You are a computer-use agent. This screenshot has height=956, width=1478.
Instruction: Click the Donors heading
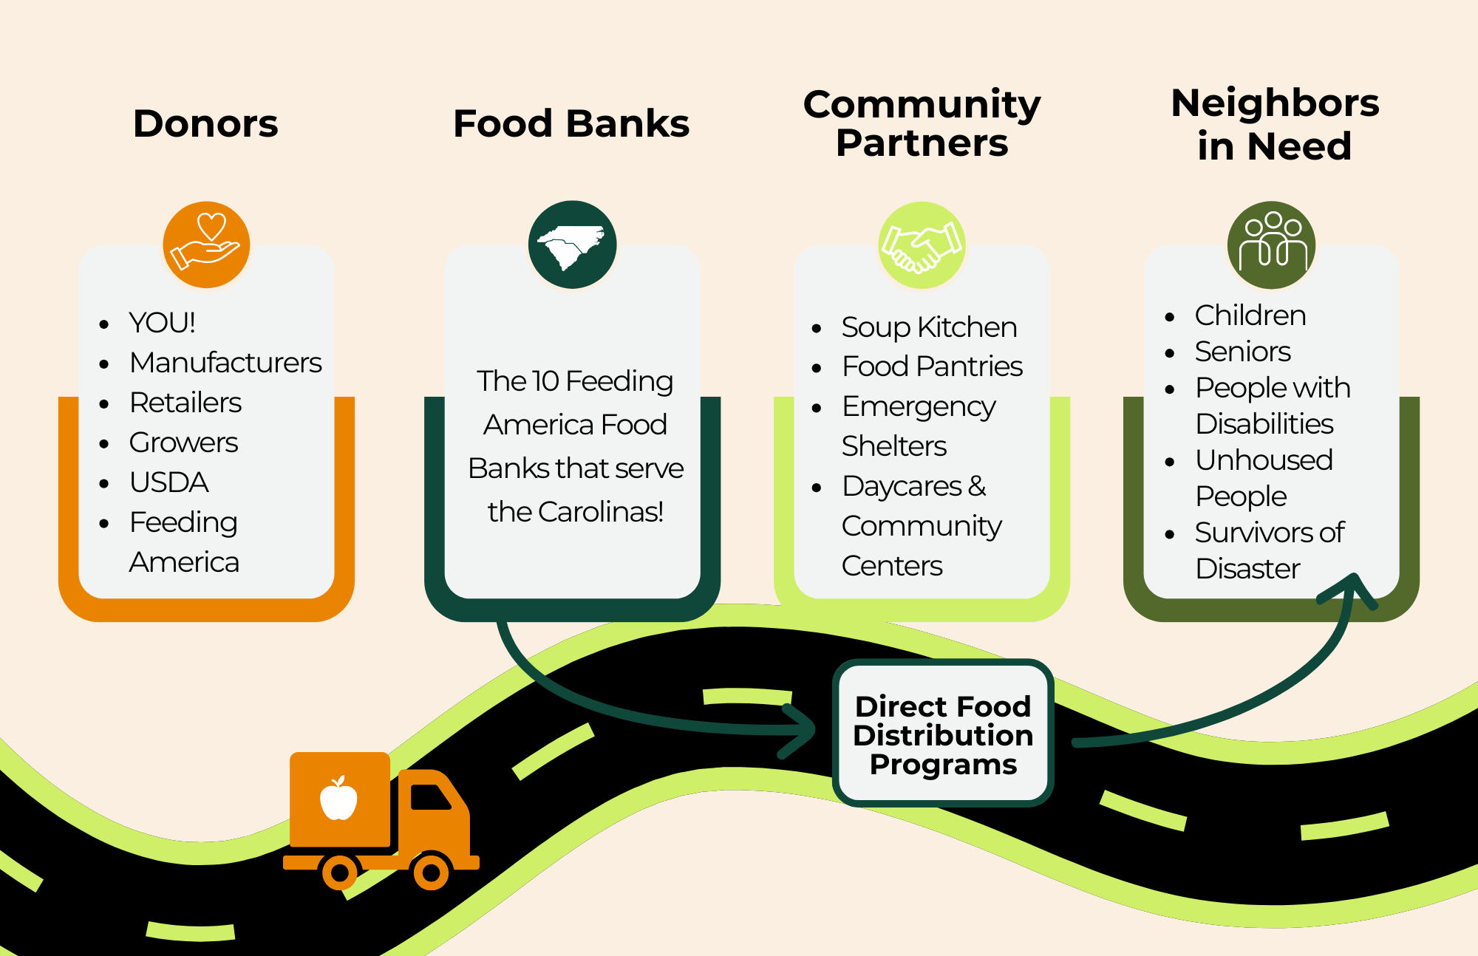tap(205, 123)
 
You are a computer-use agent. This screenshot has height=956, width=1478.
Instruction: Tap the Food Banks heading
tap(571, 123)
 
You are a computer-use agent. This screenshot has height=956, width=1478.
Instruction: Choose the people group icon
tap(1271, 244)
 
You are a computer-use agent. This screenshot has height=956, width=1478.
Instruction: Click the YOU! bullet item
tap(162, 323)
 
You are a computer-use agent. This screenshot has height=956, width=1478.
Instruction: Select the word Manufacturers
tap(225, 363)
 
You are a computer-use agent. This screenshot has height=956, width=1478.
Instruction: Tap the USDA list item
tap(168, 482)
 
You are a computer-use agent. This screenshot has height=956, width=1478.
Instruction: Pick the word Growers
tap(183, 443)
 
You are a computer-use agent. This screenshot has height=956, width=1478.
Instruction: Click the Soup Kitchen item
tap(929, 327)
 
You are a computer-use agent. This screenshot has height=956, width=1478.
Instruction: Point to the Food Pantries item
tap(932, 366)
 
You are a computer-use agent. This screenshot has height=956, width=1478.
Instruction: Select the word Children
tap(1250, 315)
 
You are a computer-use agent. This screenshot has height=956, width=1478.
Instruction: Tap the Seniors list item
tap(1243, 352)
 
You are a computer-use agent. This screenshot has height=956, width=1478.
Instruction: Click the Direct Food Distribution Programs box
tap(943, 734)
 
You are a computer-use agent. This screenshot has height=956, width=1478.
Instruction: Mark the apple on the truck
tap(338, 799)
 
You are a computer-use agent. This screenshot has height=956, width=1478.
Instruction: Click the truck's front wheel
tap(431, 873)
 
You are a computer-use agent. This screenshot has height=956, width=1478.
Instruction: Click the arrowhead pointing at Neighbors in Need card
tap(1352, 587)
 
